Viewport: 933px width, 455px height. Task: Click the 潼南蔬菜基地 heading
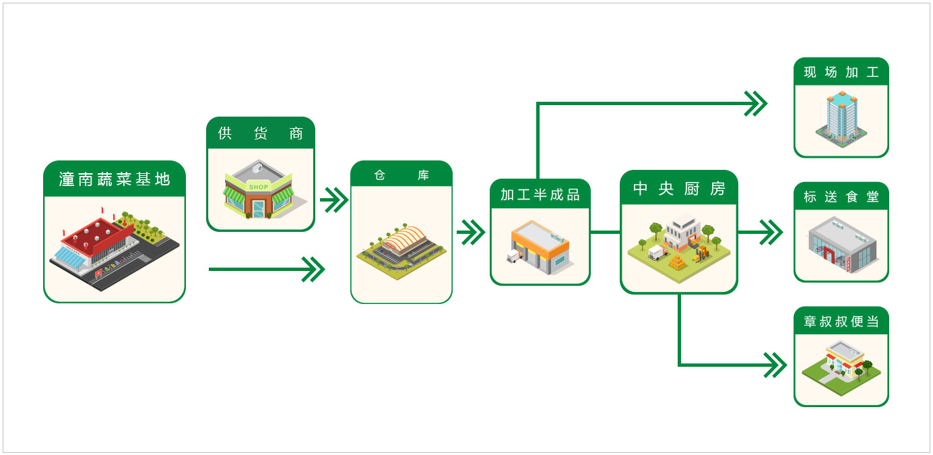point(115,179)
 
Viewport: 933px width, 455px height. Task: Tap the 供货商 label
point(260,133)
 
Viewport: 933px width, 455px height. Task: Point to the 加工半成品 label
point(540,195)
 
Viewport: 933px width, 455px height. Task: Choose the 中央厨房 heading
point(679,189)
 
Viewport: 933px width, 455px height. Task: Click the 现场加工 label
point(841,72)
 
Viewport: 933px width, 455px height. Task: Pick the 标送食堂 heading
point(841,197)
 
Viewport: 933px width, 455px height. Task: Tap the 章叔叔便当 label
point(841,322)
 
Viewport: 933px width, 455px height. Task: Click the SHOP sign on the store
point(258,187)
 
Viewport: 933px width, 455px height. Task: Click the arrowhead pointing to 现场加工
point(757,103)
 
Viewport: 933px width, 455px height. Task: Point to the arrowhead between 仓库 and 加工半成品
point(472,233)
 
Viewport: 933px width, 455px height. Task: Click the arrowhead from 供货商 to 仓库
point(333,200)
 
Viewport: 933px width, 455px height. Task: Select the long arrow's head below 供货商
point(313,270)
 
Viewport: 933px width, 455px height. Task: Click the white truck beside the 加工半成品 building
point(514,257)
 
